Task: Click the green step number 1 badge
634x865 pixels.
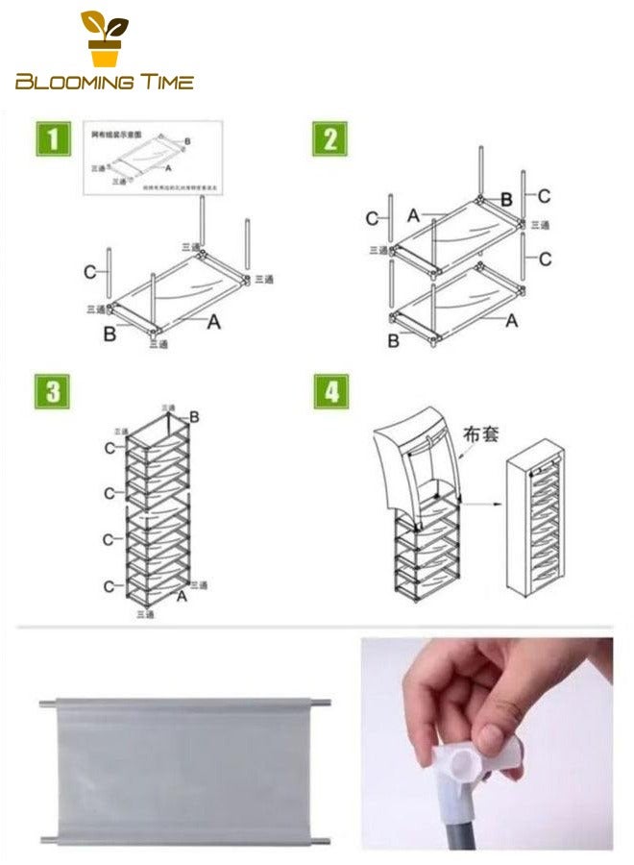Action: [x=52, y=138]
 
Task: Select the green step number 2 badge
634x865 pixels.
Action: [x=329, y=138]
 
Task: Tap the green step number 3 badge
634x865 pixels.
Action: [x=52, y=391]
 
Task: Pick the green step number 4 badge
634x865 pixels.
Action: [x=329, y=391]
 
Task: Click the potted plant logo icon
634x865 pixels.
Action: [x=103, y=38]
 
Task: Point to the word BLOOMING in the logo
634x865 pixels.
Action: [x=81, y=83]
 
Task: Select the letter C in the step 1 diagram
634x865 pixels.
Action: [x=89, y=272]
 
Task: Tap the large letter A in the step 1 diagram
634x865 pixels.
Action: [x=213, y=323]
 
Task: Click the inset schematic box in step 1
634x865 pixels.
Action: [x=153, y=158]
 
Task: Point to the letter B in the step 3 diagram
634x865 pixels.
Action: [x=194, y=416]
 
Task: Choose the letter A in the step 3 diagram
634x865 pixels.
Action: [x=182, y=596]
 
